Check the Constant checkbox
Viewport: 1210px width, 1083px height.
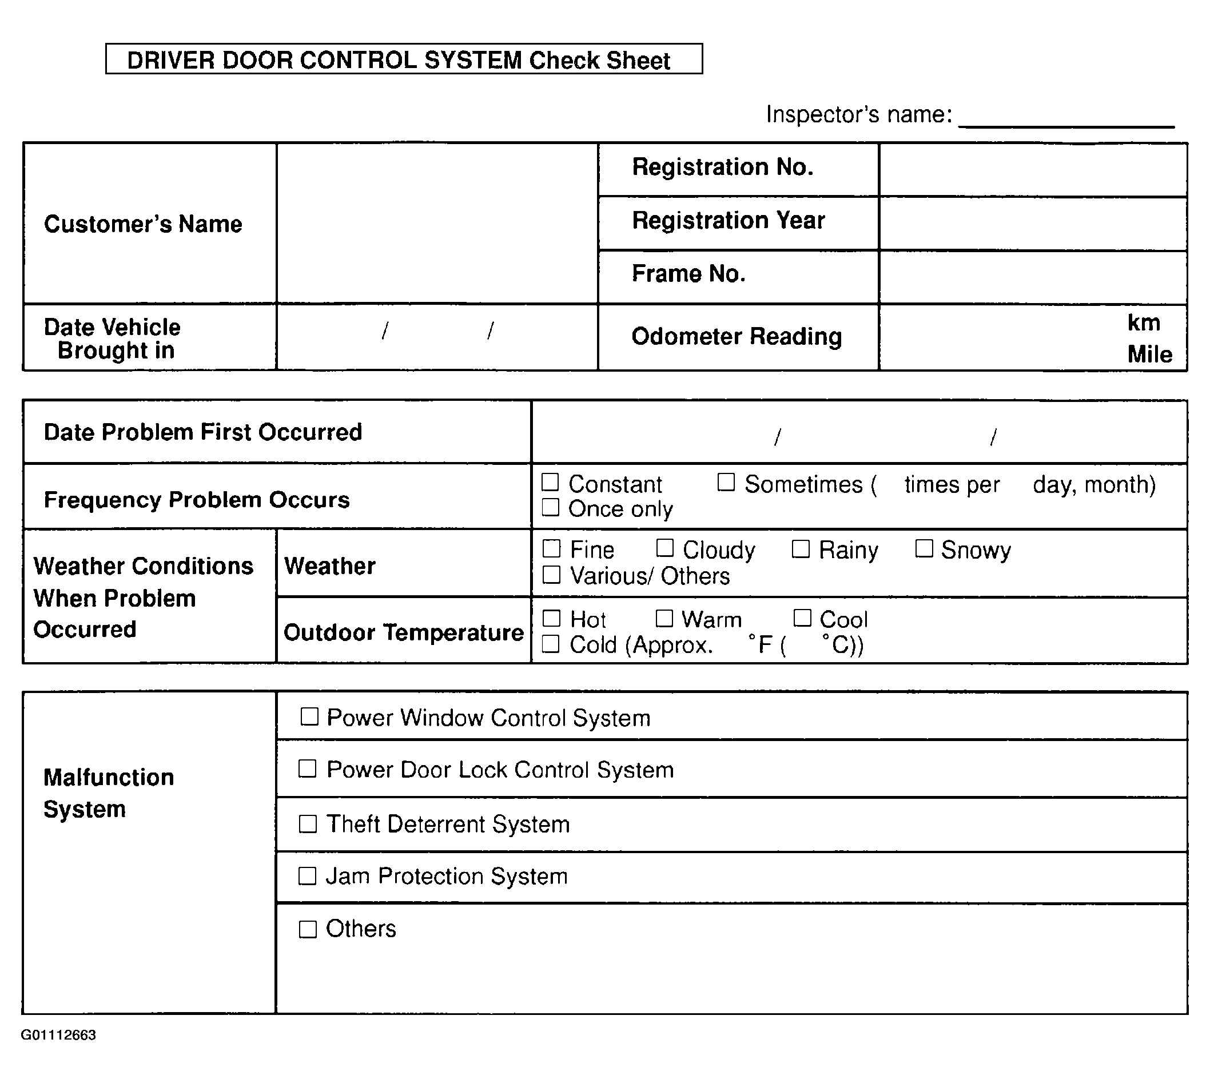(550, 482)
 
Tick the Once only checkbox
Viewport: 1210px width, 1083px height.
(550, 508)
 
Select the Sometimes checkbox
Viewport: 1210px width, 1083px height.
(726, 482)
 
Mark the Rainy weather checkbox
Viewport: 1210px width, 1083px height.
(801, 548)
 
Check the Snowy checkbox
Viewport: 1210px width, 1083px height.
(924, 548)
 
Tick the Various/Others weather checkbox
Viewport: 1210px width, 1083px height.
(551, 575)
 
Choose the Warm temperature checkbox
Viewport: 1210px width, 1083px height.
(664, 618)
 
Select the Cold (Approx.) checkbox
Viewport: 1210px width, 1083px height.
(551, 644)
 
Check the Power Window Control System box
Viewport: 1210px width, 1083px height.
(309, 716)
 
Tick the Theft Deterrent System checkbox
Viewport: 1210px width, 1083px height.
(307, 824)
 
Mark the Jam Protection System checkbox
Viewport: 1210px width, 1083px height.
(307, 876)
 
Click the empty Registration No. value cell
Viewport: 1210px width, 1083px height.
(1033, 170)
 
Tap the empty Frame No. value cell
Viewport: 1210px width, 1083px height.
(1033, 277)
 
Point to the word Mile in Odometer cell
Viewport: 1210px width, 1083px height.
(1149, 354)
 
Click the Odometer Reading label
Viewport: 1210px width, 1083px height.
(737, 337)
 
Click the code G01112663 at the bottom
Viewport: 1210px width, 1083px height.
(58, 1035)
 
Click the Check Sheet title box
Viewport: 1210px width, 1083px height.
(404, 59)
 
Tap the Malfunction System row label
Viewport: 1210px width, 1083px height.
(108, 793)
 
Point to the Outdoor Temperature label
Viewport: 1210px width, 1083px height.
(403, 632)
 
